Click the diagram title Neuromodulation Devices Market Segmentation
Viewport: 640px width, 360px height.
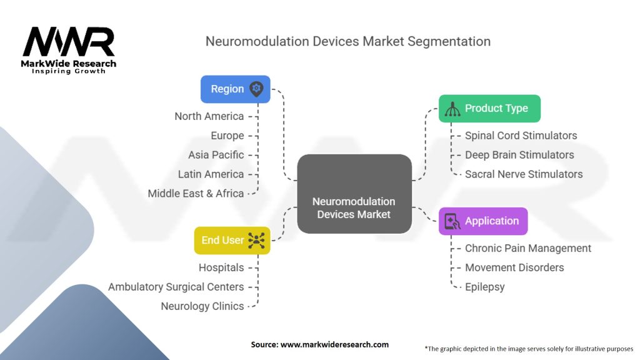click(348, 41)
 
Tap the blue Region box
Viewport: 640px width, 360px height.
click(235, 89)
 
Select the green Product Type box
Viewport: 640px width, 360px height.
click(489, 108)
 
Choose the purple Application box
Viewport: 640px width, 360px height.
click(482, 221)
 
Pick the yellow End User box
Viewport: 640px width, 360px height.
click(232, 240)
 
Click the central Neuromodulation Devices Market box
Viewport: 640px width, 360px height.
click(354, 207)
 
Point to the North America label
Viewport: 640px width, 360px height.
click(209, 116)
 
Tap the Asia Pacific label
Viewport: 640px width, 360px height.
click(216, 155)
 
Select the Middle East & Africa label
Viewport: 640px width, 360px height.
click(196, 194)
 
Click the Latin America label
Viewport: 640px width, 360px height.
click(211, 174)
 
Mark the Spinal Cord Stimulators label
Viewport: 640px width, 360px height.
click(521, 136)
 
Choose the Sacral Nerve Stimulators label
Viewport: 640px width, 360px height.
click(524, 174)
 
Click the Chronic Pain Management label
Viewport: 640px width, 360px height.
click(527, 248)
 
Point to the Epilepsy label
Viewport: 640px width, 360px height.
click(484, 287)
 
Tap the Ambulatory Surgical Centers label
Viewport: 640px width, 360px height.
click(176, 287)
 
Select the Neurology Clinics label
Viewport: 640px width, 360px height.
click(202, 306)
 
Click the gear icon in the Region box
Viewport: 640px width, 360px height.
click(256, 89)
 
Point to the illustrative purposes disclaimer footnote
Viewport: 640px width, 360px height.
click(529, 348)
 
